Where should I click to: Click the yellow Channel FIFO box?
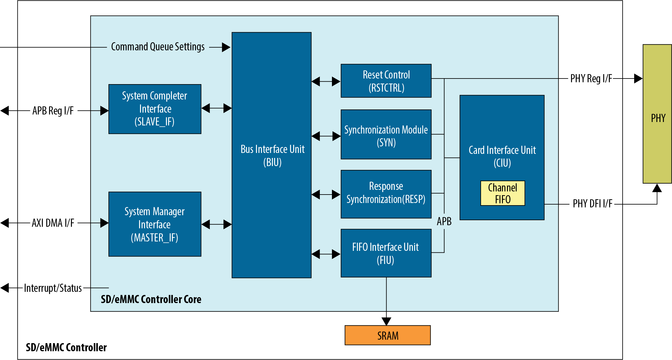[x=503, y=193]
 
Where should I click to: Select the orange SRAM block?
[x=388, y=335]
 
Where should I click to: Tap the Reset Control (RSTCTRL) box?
[x=386, y=81]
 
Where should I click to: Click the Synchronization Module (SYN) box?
[x=386, y=134]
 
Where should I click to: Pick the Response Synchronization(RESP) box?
[x=386, y=194]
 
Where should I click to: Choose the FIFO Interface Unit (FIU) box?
[x=386, y=253]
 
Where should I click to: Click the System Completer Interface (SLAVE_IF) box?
[x=155, y=109]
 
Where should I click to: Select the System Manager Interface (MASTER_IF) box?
[x=155, y=224]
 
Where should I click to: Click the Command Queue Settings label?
[x=158, y=47]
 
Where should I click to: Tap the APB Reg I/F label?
[x=53, y=111]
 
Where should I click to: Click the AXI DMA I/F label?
[x=53, y=223]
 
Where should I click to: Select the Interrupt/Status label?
[x=53, y=288]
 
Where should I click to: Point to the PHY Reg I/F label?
[x=591, y=79]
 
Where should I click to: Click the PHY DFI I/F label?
[x=592, y=204]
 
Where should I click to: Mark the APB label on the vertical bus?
[x=444, y=221]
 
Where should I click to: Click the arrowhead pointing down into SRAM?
[x=386, y=321]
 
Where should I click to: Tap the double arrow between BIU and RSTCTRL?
[x=326, y=82]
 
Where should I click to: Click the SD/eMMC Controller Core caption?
[x=151, y=299]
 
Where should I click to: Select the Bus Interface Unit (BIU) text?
[x=272, y=155]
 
